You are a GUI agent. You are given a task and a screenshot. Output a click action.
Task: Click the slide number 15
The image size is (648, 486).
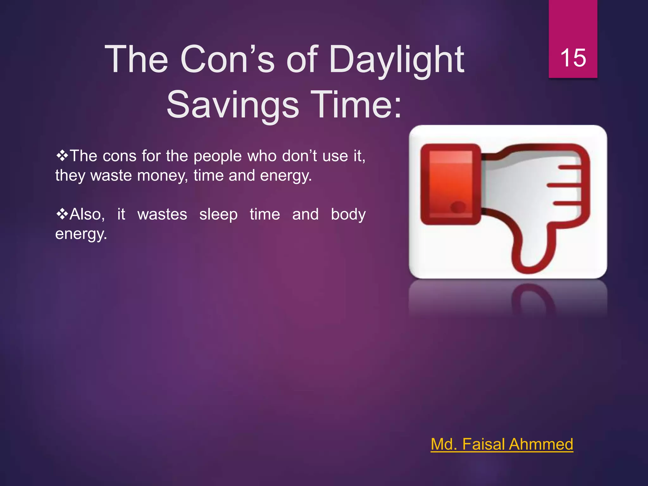(x=573, y=58)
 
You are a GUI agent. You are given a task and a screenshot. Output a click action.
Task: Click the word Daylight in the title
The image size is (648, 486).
(x=396, y=59)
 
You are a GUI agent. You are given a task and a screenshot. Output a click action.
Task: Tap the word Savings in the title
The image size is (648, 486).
(x=233, y=105)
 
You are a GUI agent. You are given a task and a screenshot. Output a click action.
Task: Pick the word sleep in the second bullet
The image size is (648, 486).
(x=218, y=215)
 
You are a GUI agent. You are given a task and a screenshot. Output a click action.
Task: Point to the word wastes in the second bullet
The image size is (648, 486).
(x=162, y=215)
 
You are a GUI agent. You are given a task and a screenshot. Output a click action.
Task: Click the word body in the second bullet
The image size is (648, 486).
(x=348, y=215)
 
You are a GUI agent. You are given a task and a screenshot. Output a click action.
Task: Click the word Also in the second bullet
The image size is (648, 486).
(x=85, y=215)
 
